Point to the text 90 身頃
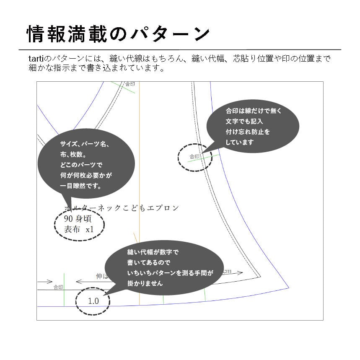click(x=78, y=218)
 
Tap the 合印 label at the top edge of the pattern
click(x=130, y=84)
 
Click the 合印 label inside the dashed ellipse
click(x=194, y=157)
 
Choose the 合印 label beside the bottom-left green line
click(x=58, y=287)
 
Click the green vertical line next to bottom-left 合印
click(x=64, y=289)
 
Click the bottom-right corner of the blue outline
click(x=289, y=288)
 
